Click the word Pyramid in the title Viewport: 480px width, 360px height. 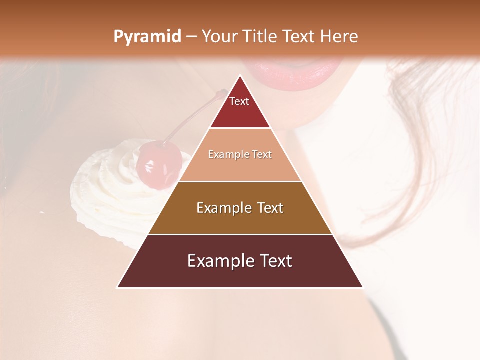[147, 37]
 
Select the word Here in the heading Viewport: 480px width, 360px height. [339, 36]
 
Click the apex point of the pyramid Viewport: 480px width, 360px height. [240, 75]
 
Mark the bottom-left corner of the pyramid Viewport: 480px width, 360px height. [117, 287]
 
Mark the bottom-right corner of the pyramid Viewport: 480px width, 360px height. [363, 287]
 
